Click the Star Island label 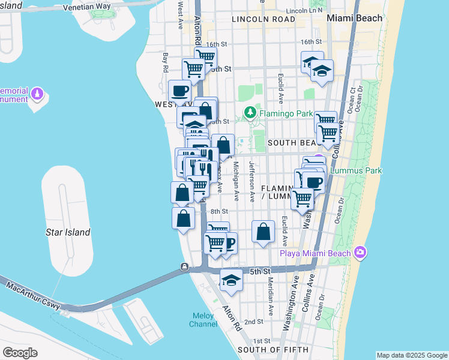tap(68, 232)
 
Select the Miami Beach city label tap(354, 18)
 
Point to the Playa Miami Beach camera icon tap(360, 252)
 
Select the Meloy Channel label tap(203, 320)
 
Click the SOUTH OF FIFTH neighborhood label tap(273, 349)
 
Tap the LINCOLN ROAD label tap(264, 19)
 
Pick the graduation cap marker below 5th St tap(231, 279)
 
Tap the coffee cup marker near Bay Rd tap(180, 91)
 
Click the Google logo tap(19, 353)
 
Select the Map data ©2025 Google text tap(411, 355)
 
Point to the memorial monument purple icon tap(37, 94)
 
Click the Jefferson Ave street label tap(254, 181)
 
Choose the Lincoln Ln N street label tap(304, 11)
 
